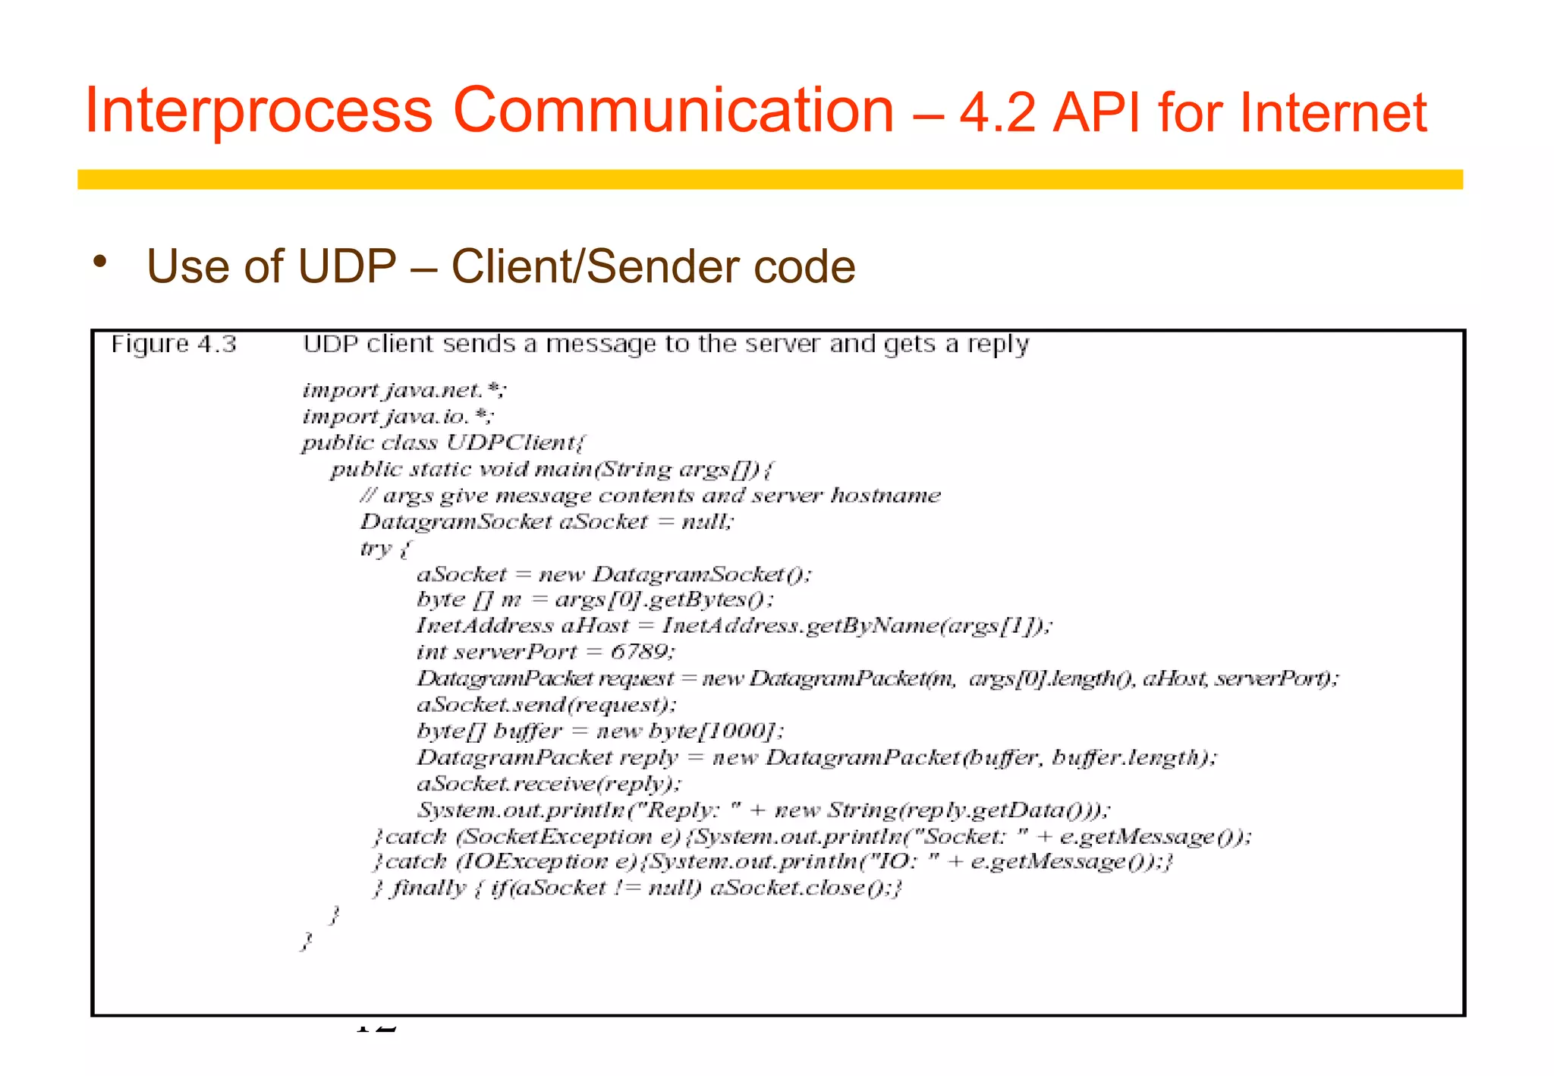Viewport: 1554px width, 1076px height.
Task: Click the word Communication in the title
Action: tap(673, 111)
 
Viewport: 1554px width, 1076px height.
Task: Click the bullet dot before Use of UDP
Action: tap(99, 263)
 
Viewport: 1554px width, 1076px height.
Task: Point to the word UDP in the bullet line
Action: tap(347, 267)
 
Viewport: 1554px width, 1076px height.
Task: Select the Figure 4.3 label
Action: tap(174, 345)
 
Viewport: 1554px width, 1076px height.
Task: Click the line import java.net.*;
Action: tap(404, 391)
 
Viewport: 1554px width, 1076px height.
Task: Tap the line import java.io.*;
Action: tap(398, 417)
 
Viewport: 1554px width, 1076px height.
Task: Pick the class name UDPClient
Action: tap(514, 443)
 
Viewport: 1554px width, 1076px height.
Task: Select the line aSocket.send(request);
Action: tap(546, 705)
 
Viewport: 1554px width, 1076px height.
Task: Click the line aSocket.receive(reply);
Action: tap(549, 784)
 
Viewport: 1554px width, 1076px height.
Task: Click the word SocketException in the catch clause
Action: tap(558, 836)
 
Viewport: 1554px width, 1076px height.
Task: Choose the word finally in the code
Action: tap(428, 888)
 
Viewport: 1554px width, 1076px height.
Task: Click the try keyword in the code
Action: tap(375, 548)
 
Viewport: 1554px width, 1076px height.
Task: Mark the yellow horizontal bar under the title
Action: tap(769, 179)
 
